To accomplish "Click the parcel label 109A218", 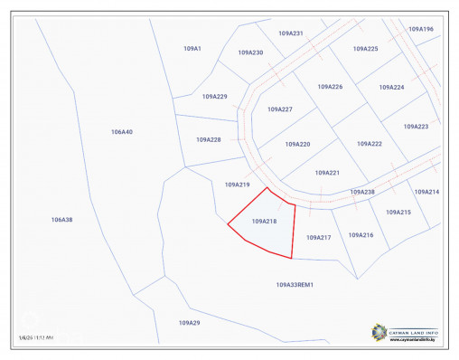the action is coord(264,221).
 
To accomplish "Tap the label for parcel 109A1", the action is coord(192,48).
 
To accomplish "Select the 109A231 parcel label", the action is coord(291,33).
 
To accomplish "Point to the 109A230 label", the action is coord(251,52).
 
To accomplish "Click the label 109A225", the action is coord(365,49).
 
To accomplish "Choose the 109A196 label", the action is coord(421,29).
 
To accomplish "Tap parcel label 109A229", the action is coord(214,96).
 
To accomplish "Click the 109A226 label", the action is coord(330,87).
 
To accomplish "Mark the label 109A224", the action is coord(391,87).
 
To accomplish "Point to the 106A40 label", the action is coord(122,132).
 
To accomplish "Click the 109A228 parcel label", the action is coord(209,139).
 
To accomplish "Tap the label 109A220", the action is coord(297,144).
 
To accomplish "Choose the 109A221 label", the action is coord(327,172).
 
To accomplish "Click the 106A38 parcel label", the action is coord(61,220).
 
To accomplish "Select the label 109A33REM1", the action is coord(294,284).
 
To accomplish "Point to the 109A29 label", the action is coord(189,322).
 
